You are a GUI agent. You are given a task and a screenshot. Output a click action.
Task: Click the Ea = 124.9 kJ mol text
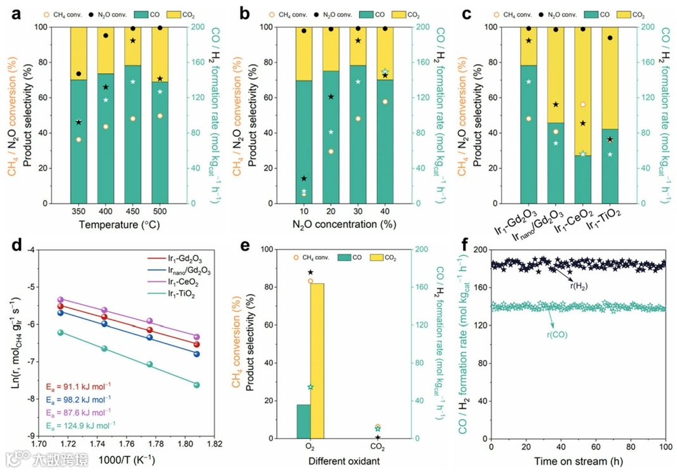[78, 425]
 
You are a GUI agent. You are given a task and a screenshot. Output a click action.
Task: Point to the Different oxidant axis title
[344, 461]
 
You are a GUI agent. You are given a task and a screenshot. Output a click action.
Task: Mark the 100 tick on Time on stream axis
[665, 447]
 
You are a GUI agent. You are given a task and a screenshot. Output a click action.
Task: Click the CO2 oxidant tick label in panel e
[378, 447]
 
